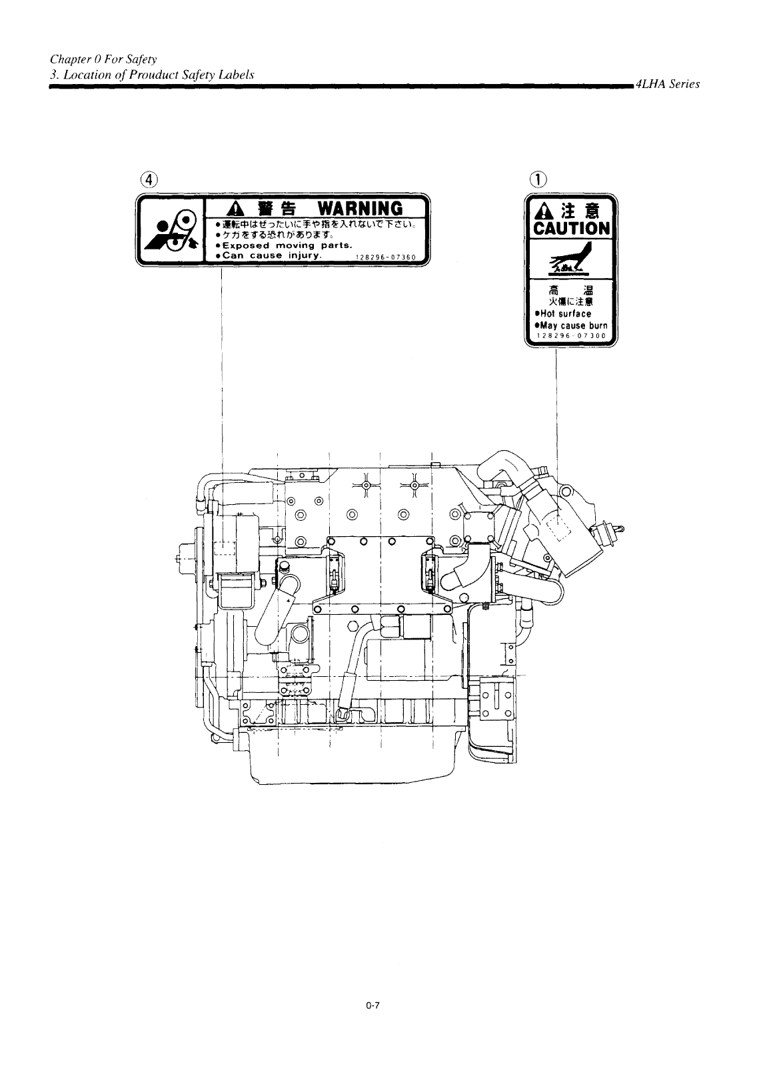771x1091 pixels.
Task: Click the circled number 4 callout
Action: pos(150,179)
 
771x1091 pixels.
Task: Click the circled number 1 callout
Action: pos(538,179)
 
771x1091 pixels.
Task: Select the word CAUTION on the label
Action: pos(572,228)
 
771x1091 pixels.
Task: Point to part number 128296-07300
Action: pos(571,335)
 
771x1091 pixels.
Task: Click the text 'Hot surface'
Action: pos(564,313)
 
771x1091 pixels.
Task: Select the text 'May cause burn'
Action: pos(571,325)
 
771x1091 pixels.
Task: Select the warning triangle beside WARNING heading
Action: pos(247,207)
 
